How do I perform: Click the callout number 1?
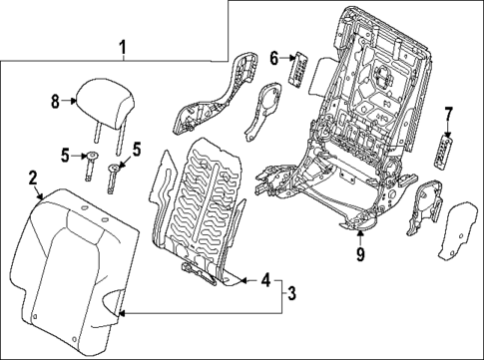point(123,46)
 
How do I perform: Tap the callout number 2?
point(33,178)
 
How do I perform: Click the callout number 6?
point(274,59)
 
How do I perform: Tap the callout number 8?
point(57,99)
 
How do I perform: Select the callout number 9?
point(360,254)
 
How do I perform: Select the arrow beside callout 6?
point(286,60)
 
